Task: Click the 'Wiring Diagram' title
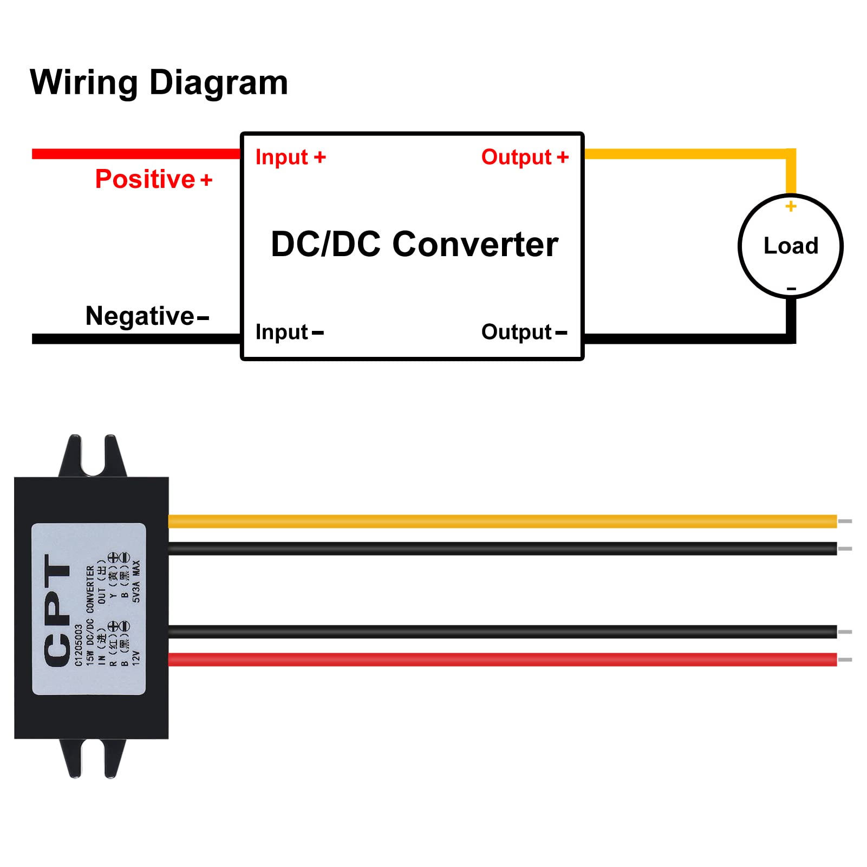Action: coord(159,82)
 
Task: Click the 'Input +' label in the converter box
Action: coord(290,157)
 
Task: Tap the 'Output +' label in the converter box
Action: coord(525,157)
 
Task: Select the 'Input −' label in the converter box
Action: coord(289,332)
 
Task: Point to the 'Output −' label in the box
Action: coord(524,332)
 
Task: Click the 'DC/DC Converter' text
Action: coord(414,244)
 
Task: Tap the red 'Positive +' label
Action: coord(153,179)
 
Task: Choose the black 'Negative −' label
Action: coord(147,316)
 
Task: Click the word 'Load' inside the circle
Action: coord(791,246)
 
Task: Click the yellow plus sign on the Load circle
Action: coord(791,206)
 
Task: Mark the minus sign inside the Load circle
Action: coord(791,289)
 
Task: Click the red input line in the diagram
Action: coord(135,154)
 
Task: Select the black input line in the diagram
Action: coord(135,339)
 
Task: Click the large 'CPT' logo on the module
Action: coord(57,610)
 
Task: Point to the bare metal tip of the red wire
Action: coord(845,660)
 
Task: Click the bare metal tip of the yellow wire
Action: coord(845,521)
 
